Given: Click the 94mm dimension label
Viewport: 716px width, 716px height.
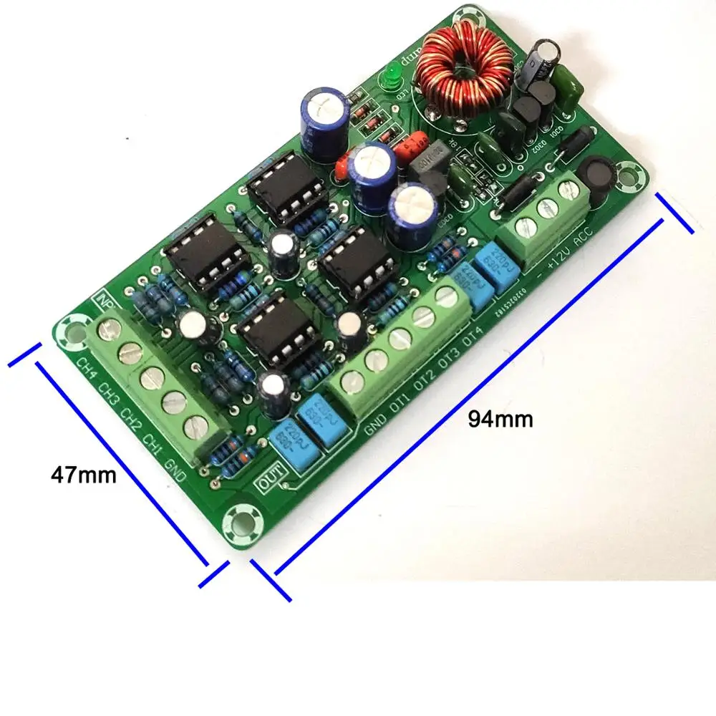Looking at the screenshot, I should point(500,419).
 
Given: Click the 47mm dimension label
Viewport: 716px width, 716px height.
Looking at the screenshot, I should point(83,474).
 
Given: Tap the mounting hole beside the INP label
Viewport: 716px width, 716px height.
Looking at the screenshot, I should point(72,331).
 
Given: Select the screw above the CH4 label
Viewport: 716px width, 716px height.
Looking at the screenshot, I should point(109,331).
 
